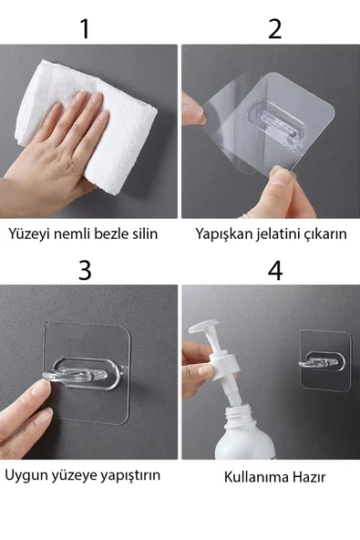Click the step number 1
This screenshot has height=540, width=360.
[x=85, y=27]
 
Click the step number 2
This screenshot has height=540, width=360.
[x=274, y=27]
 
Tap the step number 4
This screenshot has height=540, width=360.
[x=274, y=270]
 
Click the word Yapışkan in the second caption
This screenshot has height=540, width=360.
[x=221, y=234]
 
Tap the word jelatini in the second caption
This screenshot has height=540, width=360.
[x=277, y=234]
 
